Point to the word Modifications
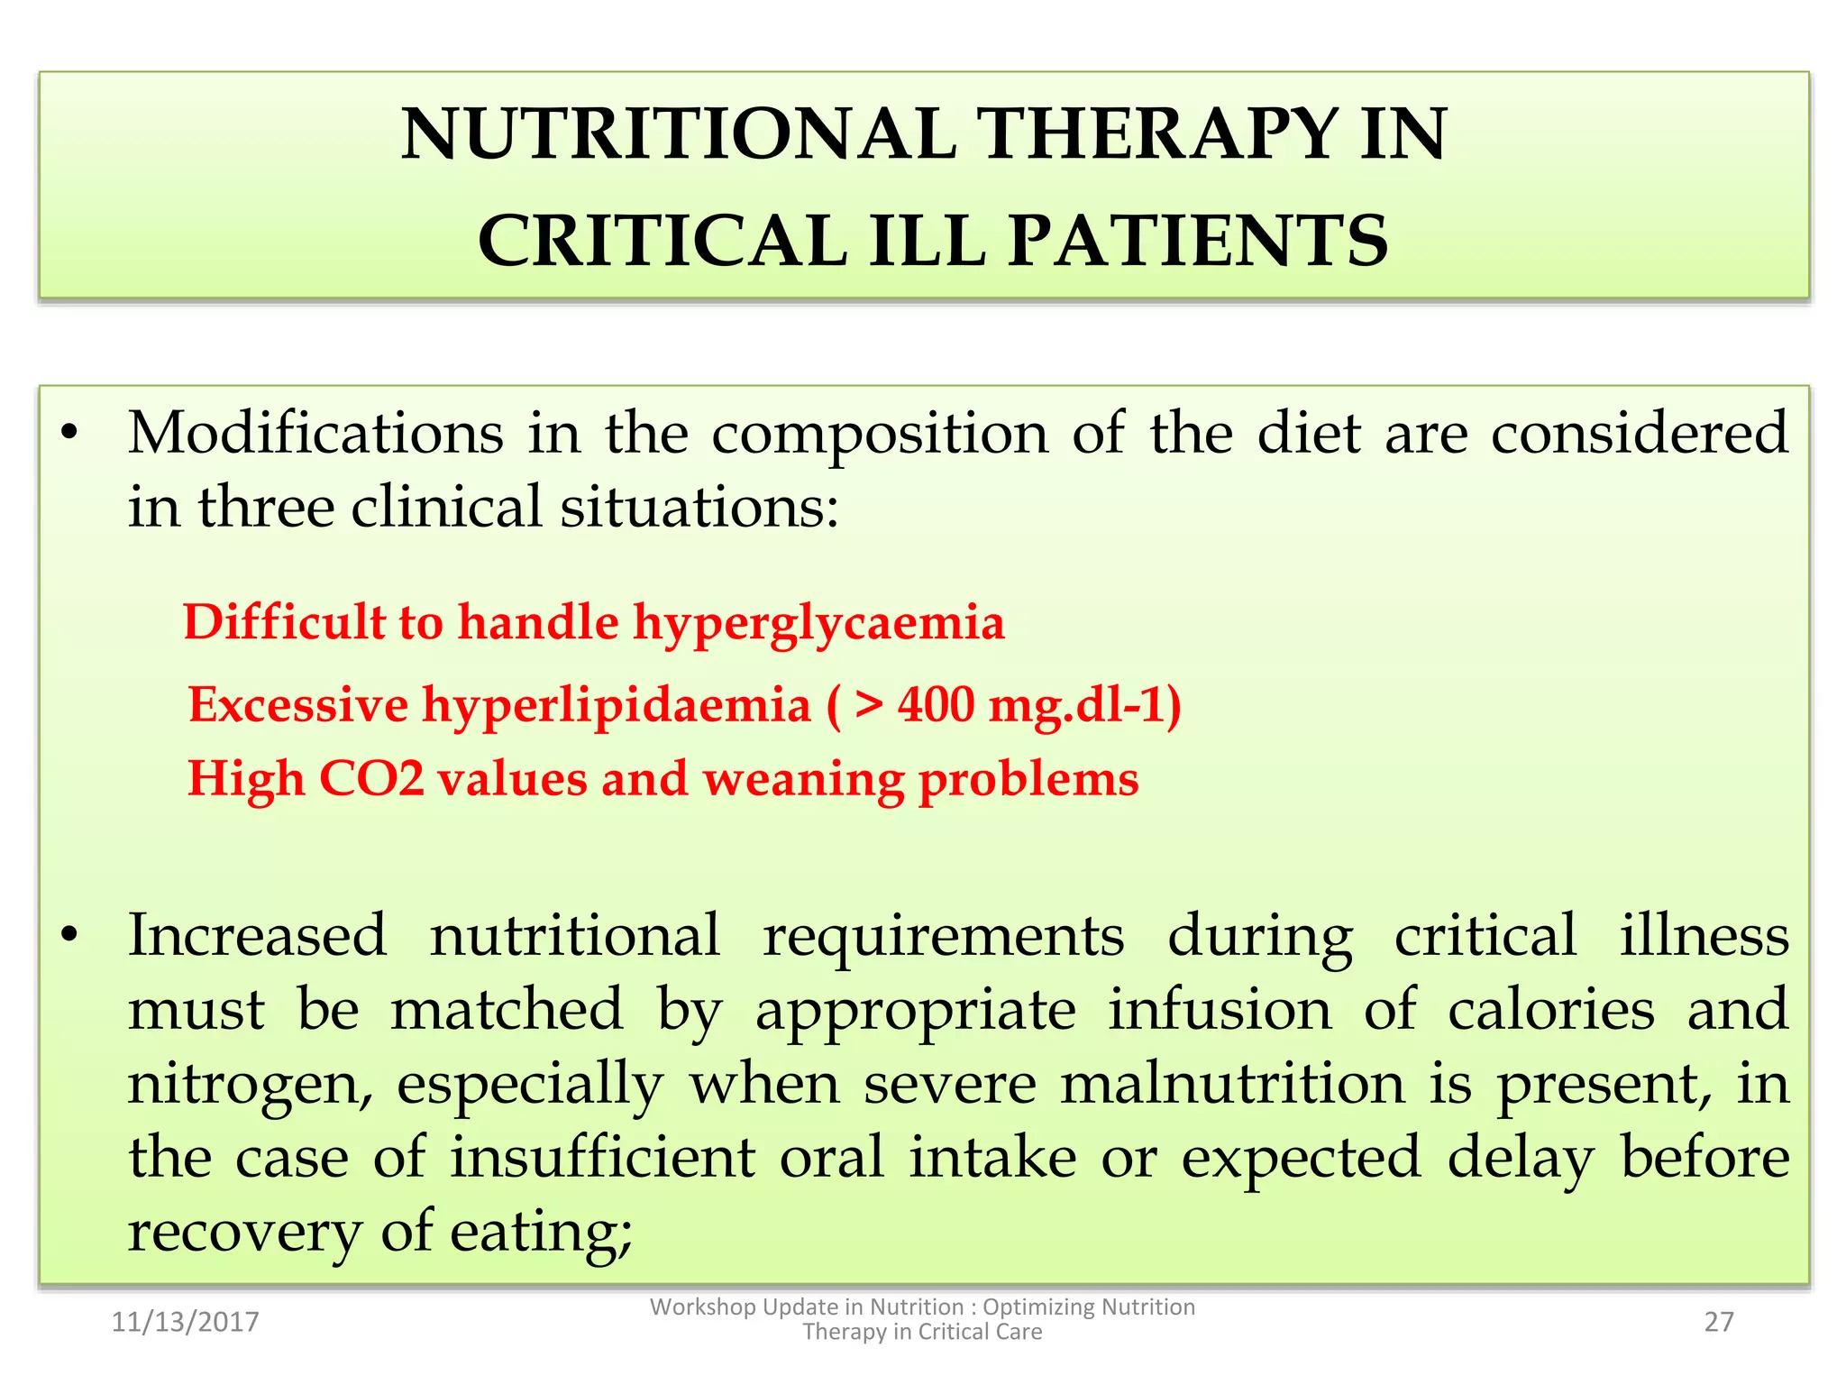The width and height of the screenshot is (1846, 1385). click(x=315, y=433)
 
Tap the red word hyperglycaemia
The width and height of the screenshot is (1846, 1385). click(x=818, y=624)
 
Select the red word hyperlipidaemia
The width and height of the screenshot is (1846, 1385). click(x=617, y=705)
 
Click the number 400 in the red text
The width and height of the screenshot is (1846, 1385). click(x=936, y=705)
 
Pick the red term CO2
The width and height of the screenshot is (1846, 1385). click(x=370, y=778)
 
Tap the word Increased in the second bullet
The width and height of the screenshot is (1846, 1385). click(x=257, y=935)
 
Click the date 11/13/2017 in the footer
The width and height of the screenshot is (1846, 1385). click(x=185, y=1322)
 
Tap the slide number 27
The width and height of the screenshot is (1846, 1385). click(x=1718, y=1322)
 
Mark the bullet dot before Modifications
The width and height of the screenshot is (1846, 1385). click(x=69, y=435)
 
